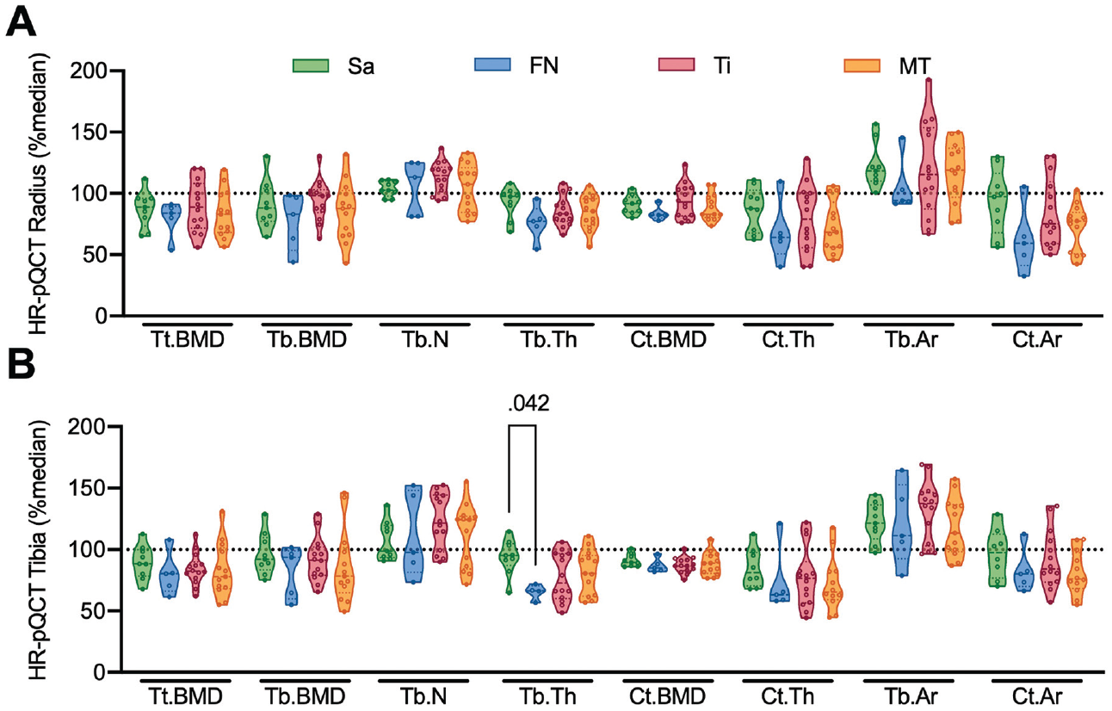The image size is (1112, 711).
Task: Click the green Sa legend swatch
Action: (x=311, y=66)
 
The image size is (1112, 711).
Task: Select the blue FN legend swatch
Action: (x=492, y=65)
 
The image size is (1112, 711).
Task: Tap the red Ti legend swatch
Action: (x=676, y=65)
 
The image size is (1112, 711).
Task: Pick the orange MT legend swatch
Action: (x=862, y=66)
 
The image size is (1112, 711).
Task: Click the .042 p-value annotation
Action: (x=528, y=404)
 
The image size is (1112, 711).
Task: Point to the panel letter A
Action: (x=21, y=22)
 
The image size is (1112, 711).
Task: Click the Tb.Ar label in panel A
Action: (x=912, y=340)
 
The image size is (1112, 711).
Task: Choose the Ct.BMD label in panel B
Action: (x=668, y=696)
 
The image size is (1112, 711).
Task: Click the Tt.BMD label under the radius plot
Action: (x=187, y=340)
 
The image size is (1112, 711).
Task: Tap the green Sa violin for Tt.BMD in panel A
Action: (x=145, y=207)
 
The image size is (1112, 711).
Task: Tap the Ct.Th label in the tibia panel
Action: (x=788, y=696)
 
